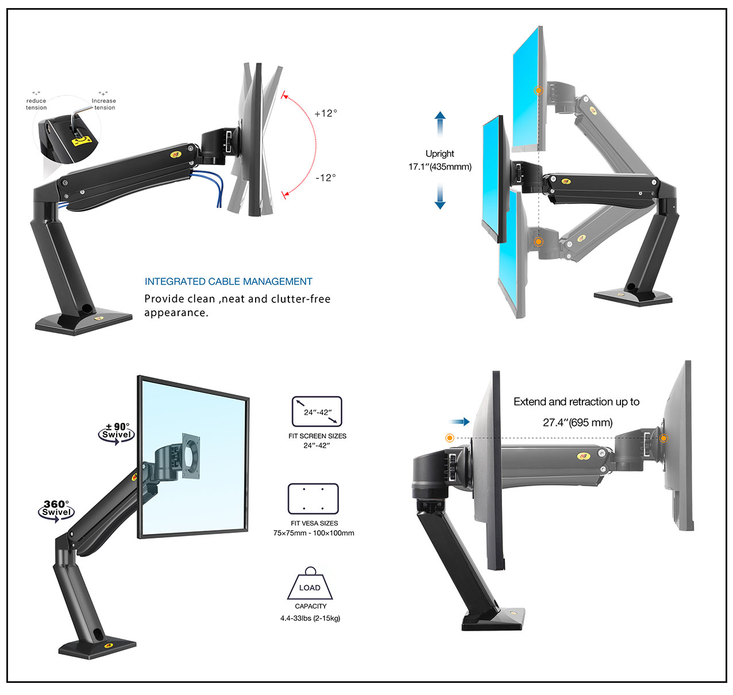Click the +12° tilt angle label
326,113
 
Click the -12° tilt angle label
326,178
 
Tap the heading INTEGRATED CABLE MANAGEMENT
228,282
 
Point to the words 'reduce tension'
36,104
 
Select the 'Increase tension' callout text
103,104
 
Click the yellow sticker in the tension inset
81,141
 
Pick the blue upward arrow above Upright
440,125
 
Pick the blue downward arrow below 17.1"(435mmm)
440,197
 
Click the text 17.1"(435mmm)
440,167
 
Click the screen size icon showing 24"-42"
317,412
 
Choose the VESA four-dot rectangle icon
313,498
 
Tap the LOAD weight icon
310,584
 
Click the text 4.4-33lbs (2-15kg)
310,619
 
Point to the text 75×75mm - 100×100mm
314,533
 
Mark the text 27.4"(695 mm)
577,423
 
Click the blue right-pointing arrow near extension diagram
460,422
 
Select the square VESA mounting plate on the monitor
191,456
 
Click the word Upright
440,154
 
